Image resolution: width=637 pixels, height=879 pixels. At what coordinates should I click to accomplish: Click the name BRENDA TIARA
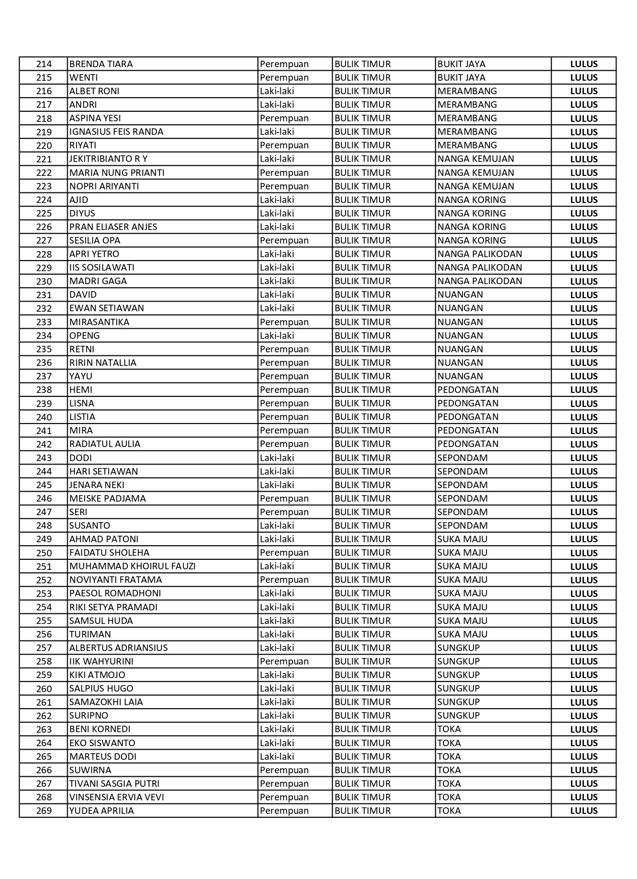coord(101,64)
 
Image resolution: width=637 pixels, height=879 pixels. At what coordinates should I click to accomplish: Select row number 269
coord(44,811)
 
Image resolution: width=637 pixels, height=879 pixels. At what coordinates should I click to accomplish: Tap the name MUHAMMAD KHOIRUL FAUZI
coord(132,566)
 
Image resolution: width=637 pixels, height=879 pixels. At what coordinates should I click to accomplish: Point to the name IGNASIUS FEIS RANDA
coord(116,132)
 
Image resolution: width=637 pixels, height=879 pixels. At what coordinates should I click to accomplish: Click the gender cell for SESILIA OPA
coord(284,241)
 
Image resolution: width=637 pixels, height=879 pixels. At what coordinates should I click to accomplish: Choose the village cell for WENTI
coord(461,78)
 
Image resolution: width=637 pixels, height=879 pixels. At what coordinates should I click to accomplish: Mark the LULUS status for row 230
coord(583,281)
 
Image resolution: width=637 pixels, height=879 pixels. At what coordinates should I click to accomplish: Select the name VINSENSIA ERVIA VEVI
coord(116,797)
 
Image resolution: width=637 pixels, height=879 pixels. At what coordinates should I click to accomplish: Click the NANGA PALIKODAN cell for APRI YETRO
coord(480,254)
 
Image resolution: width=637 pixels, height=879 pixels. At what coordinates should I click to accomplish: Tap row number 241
coord(44,430)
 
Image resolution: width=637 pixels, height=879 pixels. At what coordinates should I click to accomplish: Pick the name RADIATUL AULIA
coord(105,444)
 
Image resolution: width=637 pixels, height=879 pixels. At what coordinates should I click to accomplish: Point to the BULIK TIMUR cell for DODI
coord(362,458)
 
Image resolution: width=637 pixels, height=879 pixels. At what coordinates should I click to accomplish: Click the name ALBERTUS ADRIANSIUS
coord(118,648)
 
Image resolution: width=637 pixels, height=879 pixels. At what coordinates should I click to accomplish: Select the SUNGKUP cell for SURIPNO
coord(458,716)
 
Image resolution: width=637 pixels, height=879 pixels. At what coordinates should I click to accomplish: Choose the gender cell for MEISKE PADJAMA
coord(284,499)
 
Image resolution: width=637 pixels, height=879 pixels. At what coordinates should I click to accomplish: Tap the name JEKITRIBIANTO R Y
coord(108,159)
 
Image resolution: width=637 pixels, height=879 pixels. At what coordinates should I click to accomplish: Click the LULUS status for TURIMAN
coord(583,634)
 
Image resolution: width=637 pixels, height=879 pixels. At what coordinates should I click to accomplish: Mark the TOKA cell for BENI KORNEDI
coord(449,729)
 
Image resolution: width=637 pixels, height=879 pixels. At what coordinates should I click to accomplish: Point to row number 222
coord(44,173)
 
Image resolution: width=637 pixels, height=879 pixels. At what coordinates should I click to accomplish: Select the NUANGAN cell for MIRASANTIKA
coord(460,322)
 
